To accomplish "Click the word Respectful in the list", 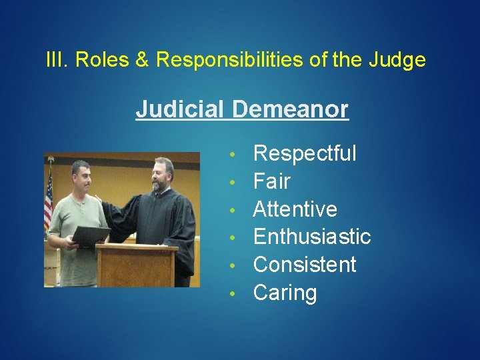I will (305, 154).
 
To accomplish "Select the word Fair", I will (272, 181).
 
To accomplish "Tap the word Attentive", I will (295, 209).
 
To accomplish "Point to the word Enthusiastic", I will (312, 237).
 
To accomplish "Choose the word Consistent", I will (305, 265).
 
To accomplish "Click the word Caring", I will (285, 293).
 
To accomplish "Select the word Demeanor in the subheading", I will (291, 109).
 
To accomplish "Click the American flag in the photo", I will (48, 197).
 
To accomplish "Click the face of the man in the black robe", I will (160, 175).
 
